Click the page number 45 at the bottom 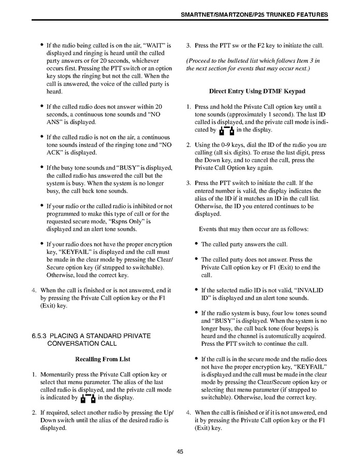(x=180, y=451)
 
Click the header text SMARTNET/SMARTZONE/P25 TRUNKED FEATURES (x=254, y=15)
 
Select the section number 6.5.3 (x=40, y=336)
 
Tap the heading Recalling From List (x=103, y=359)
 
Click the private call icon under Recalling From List (x=87, y=398)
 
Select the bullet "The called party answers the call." (x=251, y=244)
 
